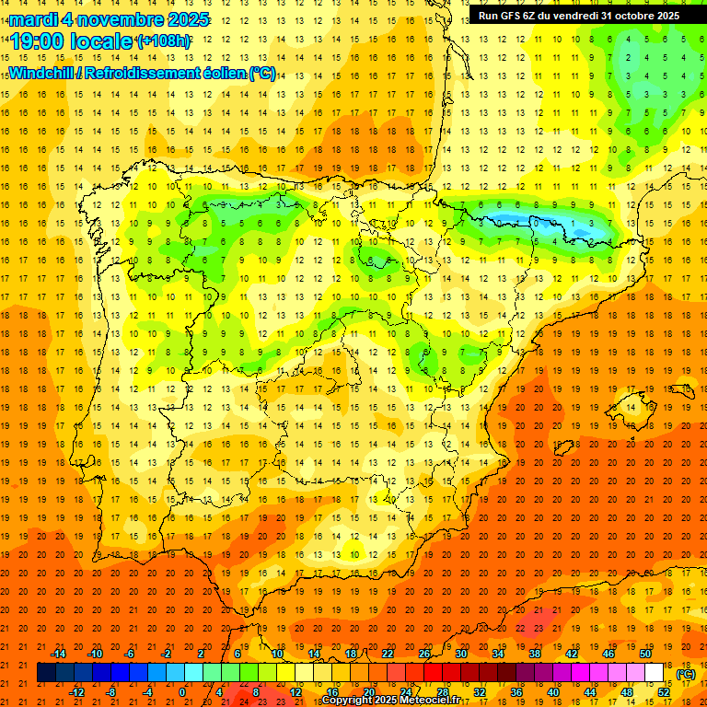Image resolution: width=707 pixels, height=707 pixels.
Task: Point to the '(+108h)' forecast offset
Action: (164, 41)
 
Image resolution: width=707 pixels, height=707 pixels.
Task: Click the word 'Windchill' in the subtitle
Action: (41, 73)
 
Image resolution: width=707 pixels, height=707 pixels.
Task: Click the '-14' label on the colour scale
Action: (58, 654)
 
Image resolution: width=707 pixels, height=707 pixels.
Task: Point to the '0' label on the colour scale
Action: (182, 692)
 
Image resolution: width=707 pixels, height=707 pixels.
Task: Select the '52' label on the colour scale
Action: (664, 692)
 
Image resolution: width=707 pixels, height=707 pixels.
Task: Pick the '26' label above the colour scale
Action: (424, 654)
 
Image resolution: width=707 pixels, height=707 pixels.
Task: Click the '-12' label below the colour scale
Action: (77, 692)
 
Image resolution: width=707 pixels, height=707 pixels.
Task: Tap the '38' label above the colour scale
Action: (534, 654)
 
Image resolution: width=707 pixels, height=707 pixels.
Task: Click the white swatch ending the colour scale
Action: (654, 673)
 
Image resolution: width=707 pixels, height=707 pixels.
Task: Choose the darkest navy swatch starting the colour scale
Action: (46, 673)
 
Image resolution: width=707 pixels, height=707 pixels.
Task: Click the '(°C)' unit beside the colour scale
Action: (685, 674)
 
